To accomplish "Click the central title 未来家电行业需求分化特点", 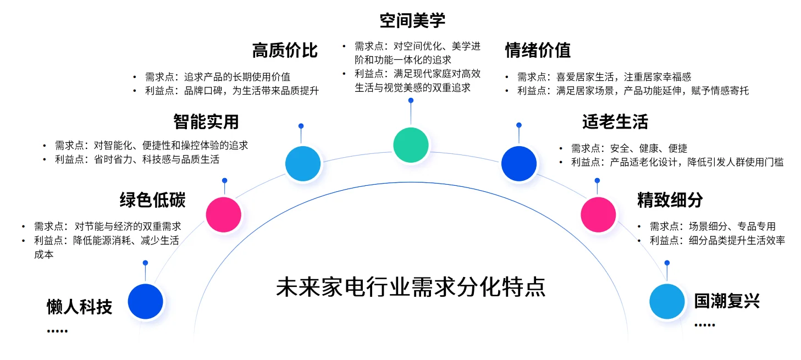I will click(x=411, y=287).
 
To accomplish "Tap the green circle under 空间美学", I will click(x=411, y=145).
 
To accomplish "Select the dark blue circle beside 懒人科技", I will click(x=146, y=301).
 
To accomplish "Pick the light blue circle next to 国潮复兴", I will click(x=667, y=301).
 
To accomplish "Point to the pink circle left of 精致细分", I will click(x=598, y=214).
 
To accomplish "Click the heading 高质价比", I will click(x=285, y=51).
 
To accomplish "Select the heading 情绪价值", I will click(x=538, y=51).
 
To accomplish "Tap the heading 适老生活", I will click(x=615, y=121).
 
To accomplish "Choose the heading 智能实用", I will click(x=206, y=121).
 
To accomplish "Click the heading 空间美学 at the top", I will click(x=412, y=21).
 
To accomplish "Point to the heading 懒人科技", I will click(x=80, y=307).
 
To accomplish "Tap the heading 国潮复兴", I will click(x=726, y=301).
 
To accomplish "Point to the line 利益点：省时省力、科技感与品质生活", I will click(x=137, y=159).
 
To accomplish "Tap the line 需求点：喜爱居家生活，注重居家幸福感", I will click(x=604, y=77).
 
